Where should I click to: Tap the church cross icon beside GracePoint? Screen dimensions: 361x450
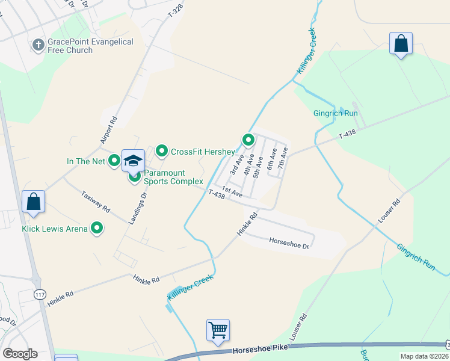point(38,45)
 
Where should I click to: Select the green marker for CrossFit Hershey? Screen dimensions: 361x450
point(161,151)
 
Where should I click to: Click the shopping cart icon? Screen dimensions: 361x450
point(218,329)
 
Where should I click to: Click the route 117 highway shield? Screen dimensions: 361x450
point(40,294)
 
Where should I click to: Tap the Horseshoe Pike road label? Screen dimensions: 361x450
point(257,349)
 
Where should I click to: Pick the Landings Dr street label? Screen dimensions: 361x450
point(136,206)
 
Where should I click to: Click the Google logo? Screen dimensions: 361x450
point(20,354)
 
